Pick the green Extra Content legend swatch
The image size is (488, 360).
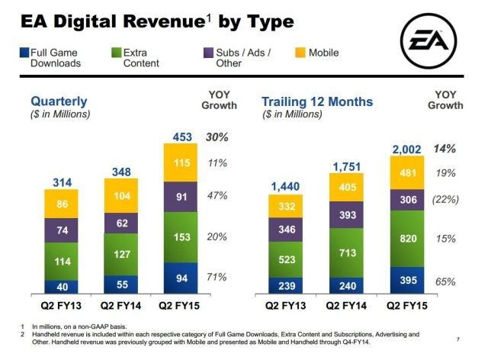[116, 53]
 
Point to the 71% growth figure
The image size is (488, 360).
[217, 277]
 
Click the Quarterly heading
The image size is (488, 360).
[59, 101]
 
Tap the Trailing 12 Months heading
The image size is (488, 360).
[317, 101]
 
